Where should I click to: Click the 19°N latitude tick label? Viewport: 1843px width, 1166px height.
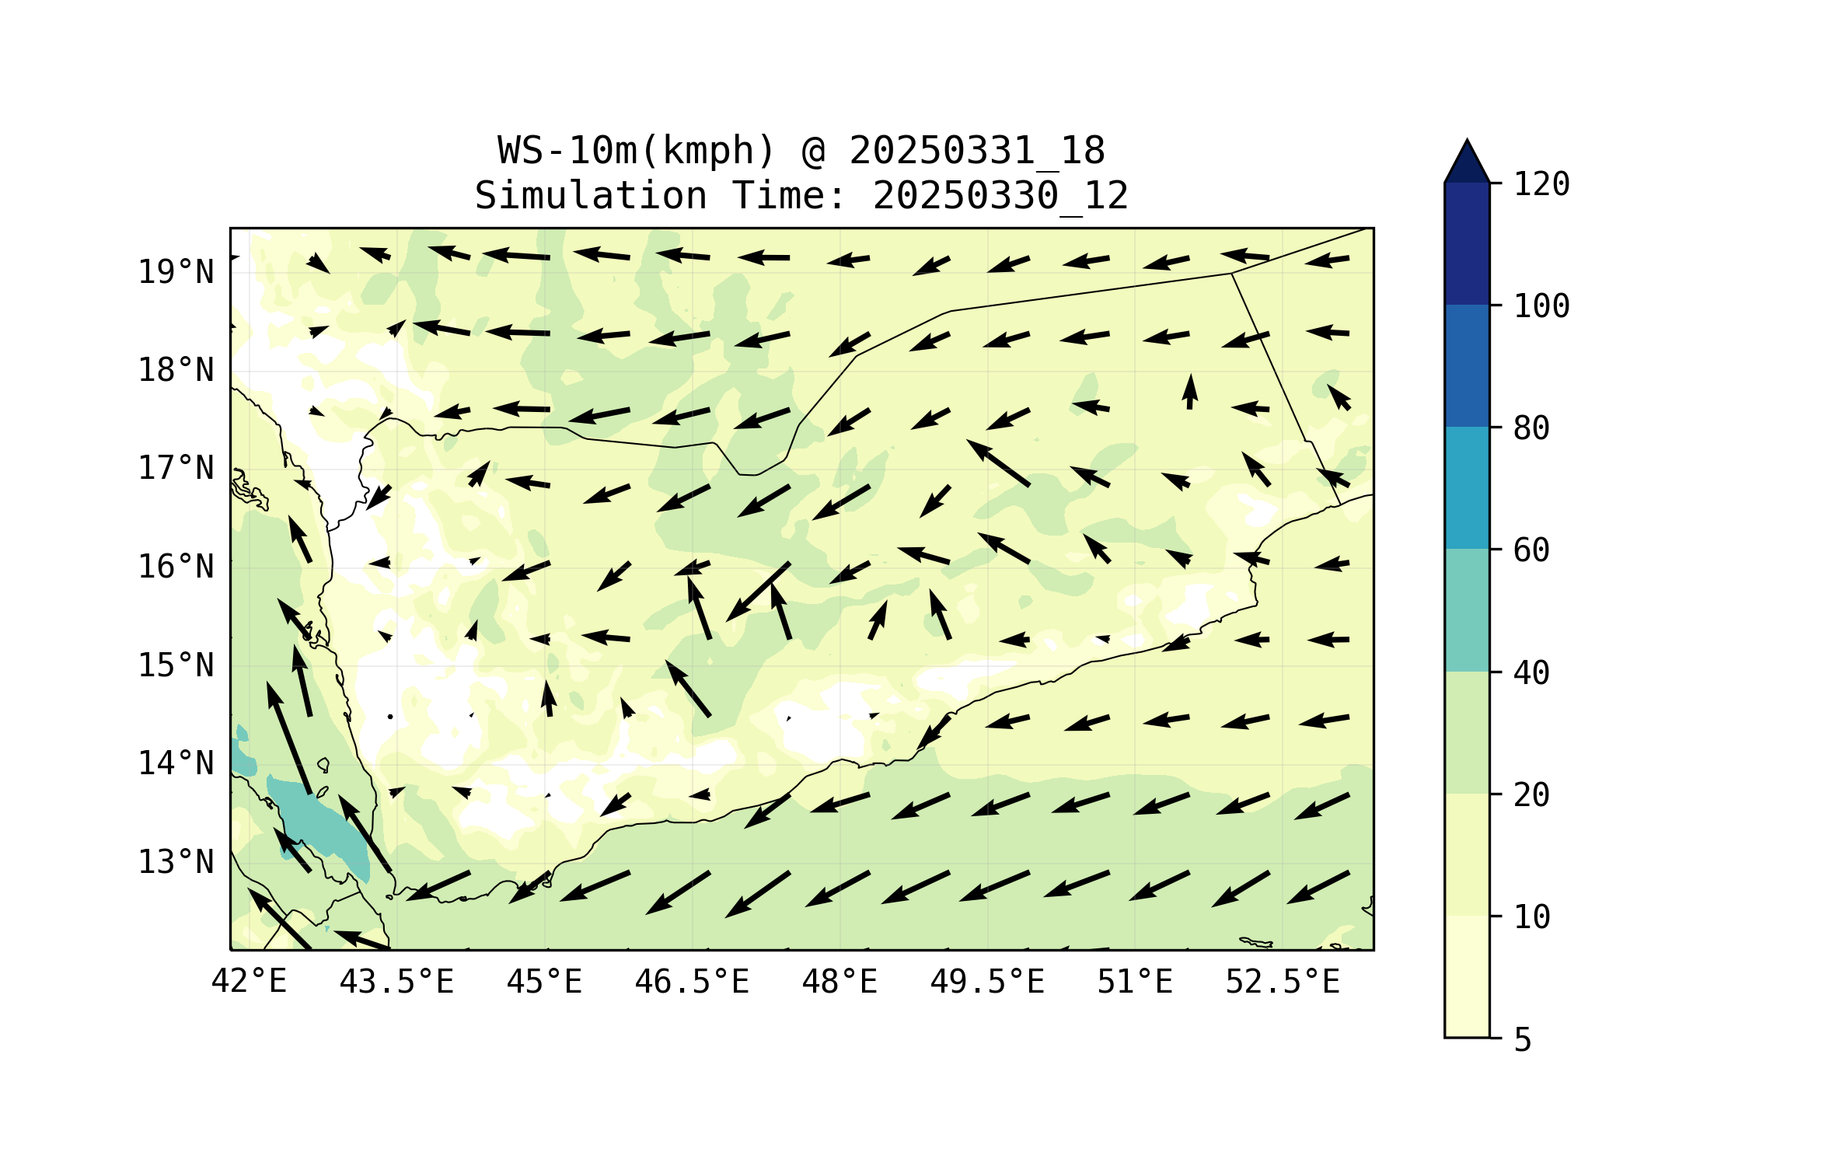coord(176,272)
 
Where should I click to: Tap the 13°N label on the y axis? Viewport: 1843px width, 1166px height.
coord(176,862)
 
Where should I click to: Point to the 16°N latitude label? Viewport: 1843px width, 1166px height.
coord(176,567)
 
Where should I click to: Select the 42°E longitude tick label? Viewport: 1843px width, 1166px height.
coord(249,982)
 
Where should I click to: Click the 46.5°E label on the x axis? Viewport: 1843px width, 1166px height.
coord(692,982)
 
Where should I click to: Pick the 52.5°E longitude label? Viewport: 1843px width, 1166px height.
coord(1283,982)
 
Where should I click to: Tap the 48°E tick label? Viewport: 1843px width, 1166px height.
coord(839,982)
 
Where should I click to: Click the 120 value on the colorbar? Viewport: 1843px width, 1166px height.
coord(1541,184)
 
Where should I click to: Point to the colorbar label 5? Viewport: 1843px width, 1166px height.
coord(1523,1040)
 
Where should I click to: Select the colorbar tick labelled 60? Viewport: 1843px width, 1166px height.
coord(1531,550)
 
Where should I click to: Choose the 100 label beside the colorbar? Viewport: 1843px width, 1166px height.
coord(1541,306)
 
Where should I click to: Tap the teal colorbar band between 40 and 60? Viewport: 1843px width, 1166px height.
coord(1467,610)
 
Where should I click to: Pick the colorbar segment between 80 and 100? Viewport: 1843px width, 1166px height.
coord(1467,365)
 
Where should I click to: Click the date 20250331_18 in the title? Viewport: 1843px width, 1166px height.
coord(976,151)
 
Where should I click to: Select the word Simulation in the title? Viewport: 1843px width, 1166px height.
coord(591,196)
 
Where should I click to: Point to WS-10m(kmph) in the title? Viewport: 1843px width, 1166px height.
coord(636,151)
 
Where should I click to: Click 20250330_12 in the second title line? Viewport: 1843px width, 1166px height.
coord(1000,196)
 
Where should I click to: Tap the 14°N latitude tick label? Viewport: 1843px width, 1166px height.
coord(176,763)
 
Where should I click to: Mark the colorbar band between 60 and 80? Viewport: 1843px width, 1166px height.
coord(1467,487)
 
